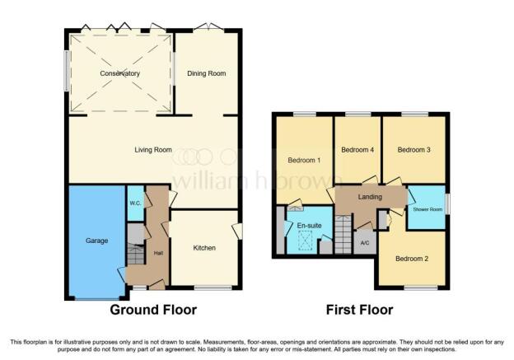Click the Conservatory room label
pyautogui.click(x=119, y=73)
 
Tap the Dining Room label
pyautogui.click(x=207, y=73)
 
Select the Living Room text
pyautogui.click(x=153, y=150)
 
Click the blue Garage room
pyautogui.click(x=96, y=242)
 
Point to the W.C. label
pyautogui.click(x=135, y=203)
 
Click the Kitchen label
pyautogui.click(x=204, y=248)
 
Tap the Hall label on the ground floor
pyautogui.click(x=159, y=253)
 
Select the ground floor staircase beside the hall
pyautogui.click(x=136, y=254)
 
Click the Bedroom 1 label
pyautogui.click(x=304, y=161)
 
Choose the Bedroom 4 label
pyautogui.click(x=357, y=150)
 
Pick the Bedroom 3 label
pyautogui.click(x=414, y=150)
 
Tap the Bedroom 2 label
pyautogui.click(x=412, y=259)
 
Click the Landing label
pyautogui.click(x=370, y=197)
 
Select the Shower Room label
pyautogui.click(x=428, y=209)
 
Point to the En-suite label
pyautogui.click(x=309, y=226)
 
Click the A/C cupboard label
pyautogui.click(x=365, y=243)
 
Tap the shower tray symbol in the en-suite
pyautogui.click(x=305, y=241)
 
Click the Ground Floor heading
pyautogui.click(x=153, y=310)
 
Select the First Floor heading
pyautogui.click(x=360, y=310)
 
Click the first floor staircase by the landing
pyautogui.click(x=343, y=234)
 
